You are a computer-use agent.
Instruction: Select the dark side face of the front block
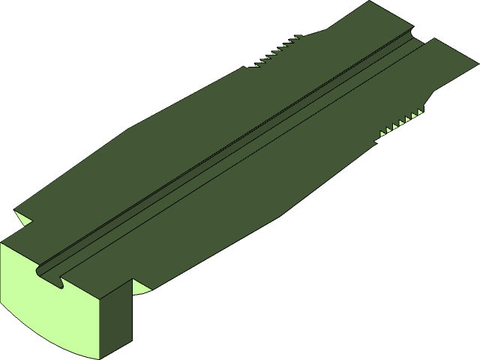click(116, 319)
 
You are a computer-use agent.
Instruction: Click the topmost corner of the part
click(370, 2)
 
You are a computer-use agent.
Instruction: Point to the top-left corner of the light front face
click(2, 244)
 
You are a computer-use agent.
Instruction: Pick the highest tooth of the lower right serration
click(418, 112)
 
